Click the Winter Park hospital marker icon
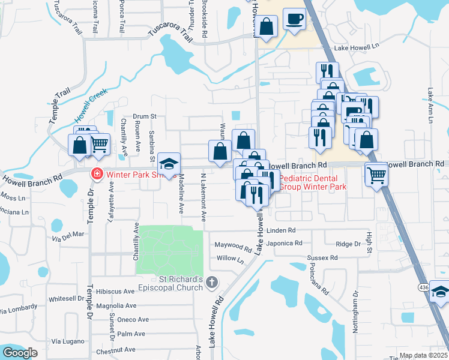coord(95,175)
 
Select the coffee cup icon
coord(294,18)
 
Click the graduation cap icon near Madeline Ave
coord(169,163)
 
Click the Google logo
coord(20,353)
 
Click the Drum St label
coord(144,116)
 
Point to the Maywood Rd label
coord(234,247)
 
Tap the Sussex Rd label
coord(322,257)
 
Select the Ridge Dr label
coord(348,244)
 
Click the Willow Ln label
coord(231,260)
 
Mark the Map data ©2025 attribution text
coord(423,355)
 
